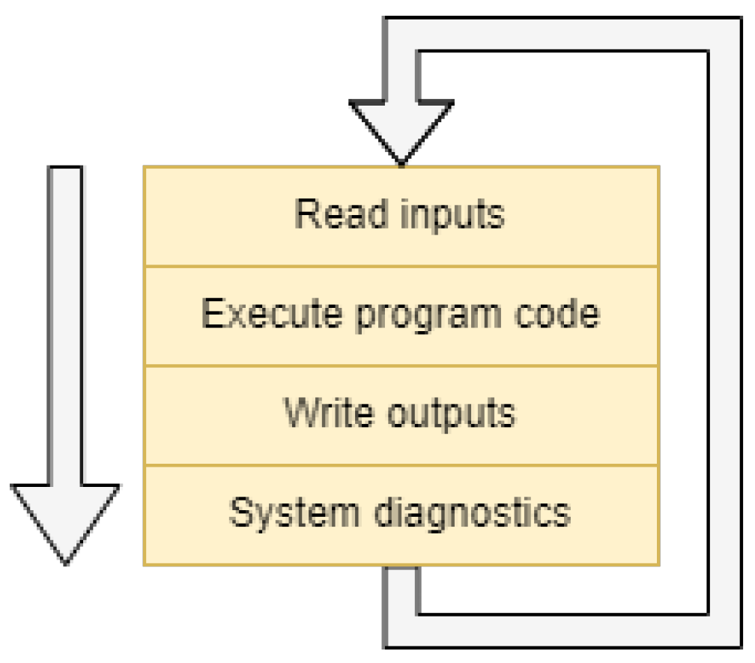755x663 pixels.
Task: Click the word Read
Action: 331,215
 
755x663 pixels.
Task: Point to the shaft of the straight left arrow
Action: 65,322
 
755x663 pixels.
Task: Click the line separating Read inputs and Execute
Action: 401,266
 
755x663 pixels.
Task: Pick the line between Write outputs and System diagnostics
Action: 401,465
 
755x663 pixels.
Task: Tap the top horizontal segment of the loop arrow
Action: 562,34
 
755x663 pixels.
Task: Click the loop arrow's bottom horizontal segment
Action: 562,631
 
